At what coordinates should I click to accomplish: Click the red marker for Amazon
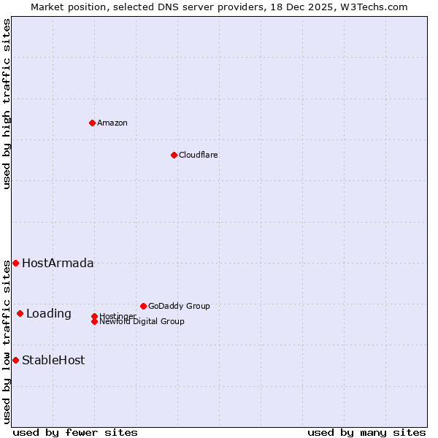92,123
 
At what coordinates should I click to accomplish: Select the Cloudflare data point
174,155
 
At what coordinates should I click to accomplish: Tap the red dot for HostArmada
15,263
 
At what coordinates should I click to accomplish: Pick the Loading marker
20,313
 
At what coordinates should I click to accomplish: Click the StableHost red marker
15,360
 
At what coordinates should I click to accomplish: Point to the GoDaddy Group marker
143,306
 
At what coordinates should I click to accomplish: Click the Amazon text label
112,123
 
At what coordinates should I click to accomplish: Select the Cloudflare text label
199,155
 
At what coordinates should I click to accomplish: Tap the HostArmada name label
58,263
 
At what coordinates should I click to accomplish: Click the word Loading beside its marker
49,314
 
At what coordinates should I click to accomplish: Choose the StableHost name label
53,360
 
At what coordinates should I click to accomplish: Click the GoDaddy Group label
179,306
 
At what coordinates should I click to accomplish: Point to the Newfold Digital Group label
142,321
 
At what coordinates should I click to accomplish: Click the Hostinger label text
117,316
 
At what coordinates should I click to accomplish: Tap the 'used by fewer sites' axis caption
75,432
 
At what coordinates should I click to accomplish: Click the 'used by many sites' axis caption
366,432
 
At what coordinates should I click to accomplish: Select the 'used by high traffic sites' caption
7,104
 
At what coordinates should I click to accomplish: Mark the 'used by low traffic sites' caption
7,342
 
